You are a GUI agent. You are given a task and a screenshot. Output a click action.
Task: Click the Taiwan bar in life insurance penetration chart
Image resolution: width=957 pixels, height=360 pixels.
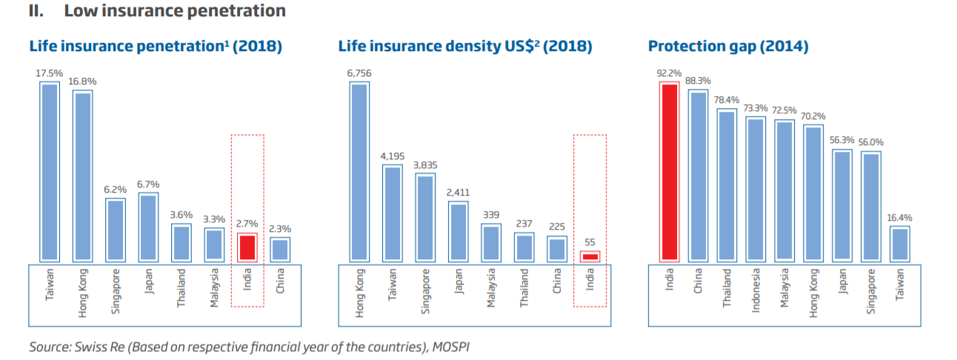pyautogui.click(x=50, y=171)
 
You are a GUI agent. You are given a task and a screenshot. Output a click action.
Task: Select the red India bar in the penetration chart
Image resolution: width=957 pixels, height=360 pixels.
pyautogui.click(x=247, y=247)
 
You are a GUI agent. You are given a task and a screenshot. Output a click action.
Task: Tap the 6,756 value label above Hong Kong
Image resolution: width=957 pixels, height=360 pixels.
pyautogui.click(x=359, y=73)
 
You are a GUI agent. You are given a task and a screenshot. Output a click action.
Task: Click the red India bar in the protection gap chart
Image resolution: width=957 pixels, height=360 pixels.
pyautogui.click(x=669, y=171)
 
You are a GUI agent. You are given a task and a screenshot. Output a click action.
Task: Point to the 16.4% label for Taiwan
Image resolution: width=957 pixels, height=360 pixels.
pyautogui.click(x=899, y=219)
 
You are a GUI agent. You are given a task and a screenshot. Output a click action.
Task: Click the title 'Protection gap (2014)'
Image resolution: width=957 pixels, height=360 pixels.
pyautogui.click(x=728, y=47)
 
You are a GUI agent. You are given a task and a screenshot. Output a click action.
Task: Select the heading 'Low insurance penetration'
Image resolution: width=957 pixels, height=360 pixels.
pyautogui.click(x=175, y=11)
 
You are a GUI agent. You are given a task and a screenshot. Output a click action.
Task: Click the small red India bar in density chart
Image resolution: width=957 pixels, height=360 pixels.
pyautogui.click(x=590, y=256)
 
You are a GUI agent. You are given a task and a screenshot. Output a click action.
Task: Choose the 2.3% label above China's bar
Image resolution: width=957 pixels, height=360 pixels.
pyautogui.click(x=280, y=230)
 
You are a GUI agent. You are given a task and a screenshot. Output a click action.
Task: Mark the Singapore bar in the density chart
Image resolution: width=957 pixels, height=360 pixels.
pyautogui.click(x=425, y=217)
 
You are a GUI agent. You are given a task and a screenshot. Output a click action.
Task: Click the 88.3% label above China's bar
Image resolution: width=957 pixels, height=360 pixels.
pyautogui.click(x=698, y=81)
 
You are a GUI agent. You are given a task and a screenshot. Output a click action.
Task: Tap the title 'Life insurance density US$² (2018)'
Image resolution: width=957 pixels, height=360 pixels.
pyautogui.click(x=465, y=47)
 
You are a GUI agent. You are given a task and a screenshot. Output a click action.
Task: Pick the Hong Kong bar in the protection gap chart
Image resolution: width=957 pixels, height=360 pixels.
pyautogui.click(x=813, y=193)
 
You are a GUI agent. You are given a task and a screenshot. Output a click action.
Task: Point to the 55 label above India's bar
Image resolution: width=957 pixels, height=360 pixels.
pyautogui.click(x=590, y=241)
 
